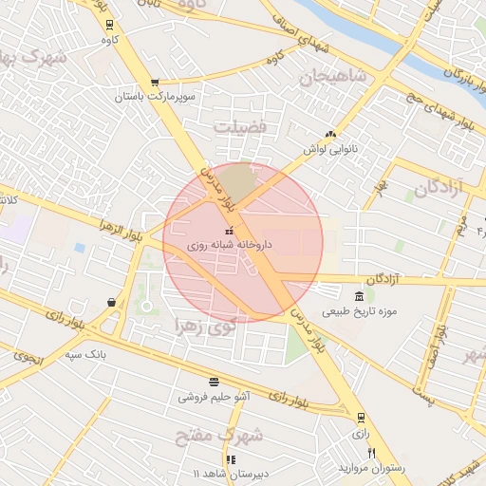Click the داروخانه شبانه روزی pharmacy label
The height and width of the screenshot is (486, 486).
point(230,245)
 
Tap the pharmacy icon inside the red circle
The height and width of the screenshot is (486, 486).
point(229,232)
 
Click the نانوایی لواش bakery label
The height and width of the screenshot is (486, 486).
point(328,150)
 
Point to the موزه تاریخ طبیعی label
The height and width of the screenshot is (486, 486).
point(359,311)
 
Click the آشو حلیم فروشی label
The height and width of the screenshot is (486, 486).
point(214,397)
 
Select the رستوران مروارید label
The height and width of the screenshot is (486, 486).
point(371,468)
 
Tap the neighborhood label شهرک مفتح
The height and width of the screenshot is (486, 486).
point(217,436)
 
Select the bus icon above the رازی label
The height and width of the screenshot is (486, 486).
point(361,418)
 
